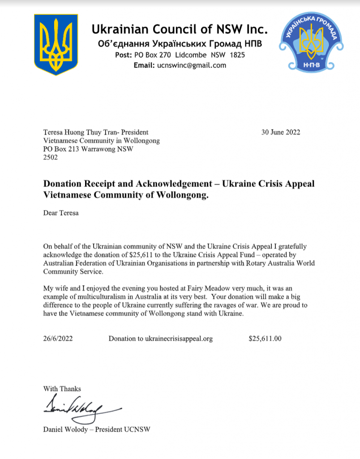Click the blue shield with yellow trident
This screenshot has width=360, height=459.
[x=56, y=44]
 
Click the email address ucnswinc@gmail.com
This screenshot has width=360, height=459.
[x=192, y=65]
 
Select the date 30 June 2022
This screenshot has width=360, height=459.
[x=281, y=132]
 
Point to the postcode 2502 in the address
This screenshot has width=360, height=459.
[x=50, y=158]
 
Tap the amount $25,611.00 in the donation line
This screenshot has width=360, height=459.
[x=265, y=339]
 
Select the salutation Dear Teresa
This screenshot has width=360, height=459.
[x=61, y=213]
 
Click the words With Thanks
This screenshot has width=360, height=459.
[x=62, y=389]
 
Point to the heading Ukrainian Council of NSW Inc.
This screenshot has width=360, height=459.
[x=180, y=30]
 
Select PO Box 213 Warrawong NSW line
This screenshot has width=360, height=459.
[x=88, y=149]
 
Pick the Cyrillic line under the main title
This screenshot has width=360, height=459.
[x=180, y=44]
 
